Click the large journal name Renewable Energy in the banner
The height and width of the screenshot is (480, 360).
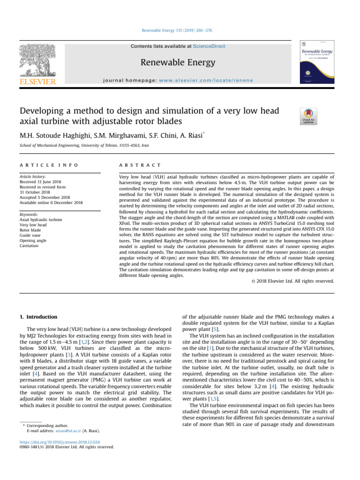click(x=178, y=62)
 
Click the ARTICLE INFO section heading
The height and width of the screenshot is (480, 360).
click(x=48, y=165)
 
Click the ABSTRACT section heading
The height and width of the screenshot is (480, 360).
click(x=141, y=165)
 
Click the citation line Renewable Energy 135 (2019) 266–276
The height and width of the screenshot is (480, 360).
click(x=180, y=30)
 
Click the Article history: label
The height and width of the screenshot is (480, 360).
click(x=32, y=177)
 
